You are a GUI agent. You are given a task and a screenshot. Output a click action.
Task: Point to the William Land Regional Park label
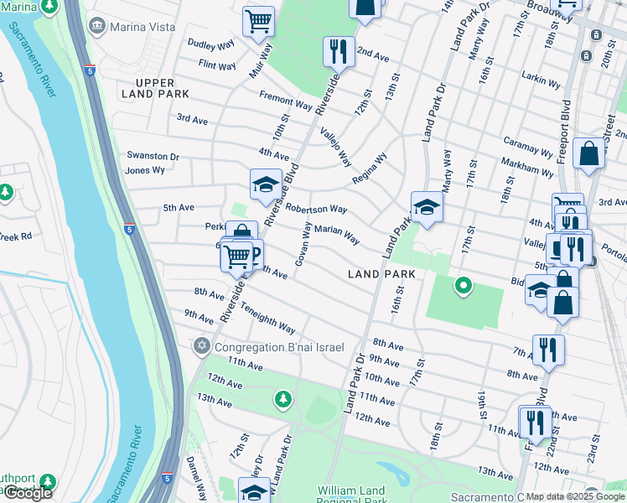point(351,495)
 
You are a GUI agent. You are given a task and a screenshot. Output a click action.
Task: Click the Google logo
point(28,493)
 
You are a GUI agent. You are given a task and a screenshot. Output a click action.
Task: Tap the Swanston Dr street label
point(153,156)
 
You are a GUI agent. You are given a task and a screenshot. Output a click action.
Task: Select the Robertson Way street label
point(316,208)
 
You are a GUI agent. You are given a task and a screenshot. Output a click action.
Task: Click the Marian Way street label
point(336,234)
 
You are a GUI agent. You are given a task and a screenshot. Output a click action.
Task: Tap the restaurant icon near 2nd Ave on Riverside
point(339,52)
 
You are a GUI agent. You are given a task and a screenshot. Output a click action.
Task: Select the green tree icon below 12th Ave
point(283,397)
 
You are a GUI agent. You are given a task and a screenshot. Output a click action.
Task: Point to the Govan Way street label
point(303,244)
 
